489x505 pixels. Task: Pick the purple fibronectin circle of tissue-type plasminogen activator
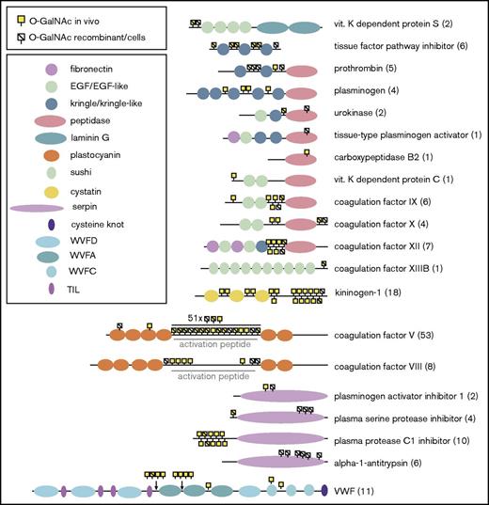(233, 136)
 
